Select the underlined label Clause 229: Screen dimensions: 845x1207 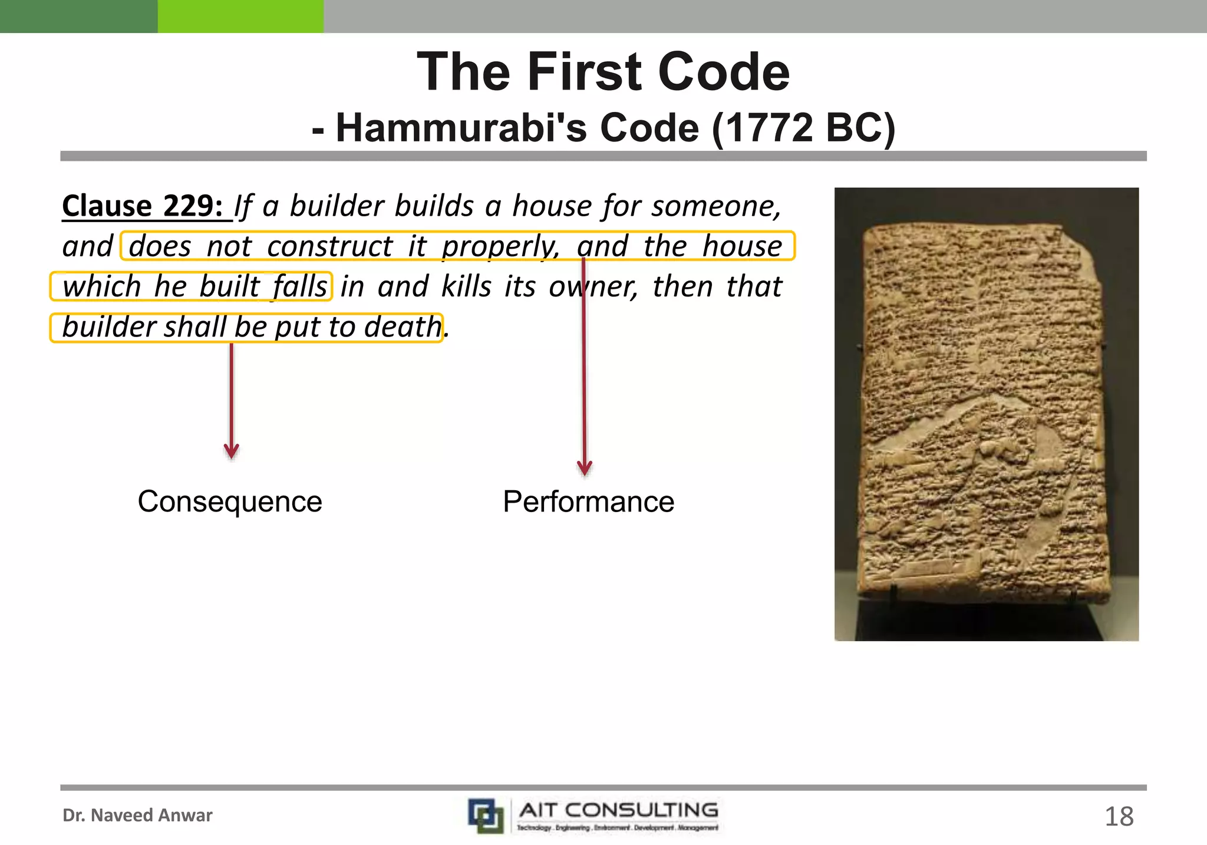click(143, 206)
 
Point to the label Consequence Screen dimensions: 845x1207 click(230, 501)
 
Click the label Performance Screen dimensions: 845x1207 click(588, 501)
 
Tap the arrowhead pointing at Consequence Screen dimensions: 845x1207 click(232, 452)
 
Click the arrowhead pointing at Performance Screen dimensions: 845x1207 click(584, 468)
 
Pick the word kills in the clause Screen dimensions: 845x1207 click(466, 287)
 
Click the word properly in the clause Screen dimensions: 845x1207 click(500, 246)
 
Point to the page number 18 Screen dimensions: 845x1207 click(1119, 817)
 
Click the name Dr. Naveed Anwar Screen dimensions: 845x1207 click(137, 816)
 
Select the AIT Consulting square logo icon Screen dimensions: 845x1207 click(486, 816)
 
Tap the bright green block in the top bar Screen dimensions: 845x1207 click(240, 16)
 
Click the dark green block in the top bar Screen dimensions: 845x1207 click(78, 16)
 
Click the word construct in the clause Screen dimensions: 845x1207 click(329, 246)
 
